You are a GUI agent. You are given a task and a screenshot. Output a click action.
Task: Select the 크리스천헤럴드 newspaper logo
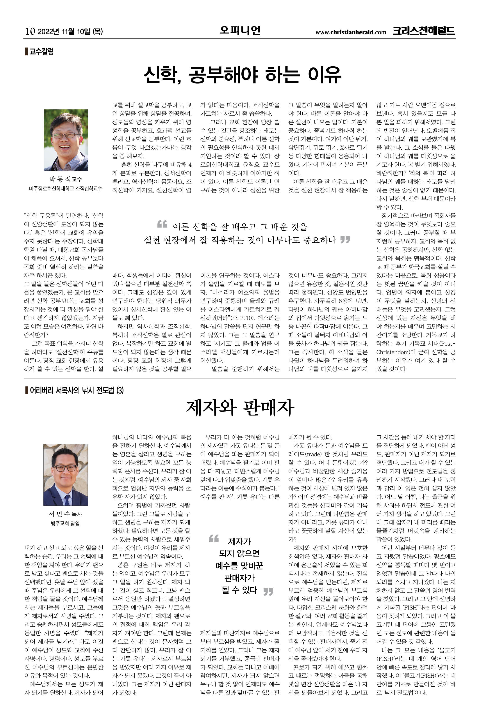[x=424, y=31]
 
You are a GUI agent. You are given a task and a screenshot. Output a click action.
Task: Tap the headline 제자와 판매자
[x=240, y=408]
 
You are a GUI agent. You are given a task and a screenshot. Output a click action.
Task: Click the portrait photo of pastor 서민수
[x=66, y=475]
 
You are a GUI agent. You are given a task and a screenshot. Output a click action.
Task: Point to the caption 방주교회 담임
[x=65, y=523]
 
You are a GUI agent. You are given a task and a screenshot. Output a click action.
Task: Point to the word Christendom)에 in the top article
[x=400, y=352]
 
